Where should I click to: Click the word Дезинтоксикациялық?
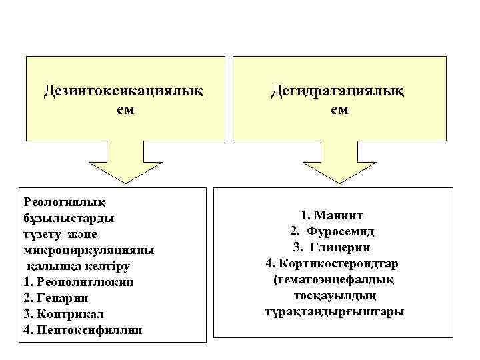click(x=125, y=89)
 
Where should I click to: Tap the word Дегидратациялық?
click(x=339, y=89)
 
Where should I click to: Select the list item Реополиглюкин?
click(x=83, y=281)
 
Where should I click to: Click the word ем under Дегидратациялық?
click(x=339, y=109)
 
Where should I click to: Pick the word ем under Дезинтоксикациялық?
click(x=125, y=109)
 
